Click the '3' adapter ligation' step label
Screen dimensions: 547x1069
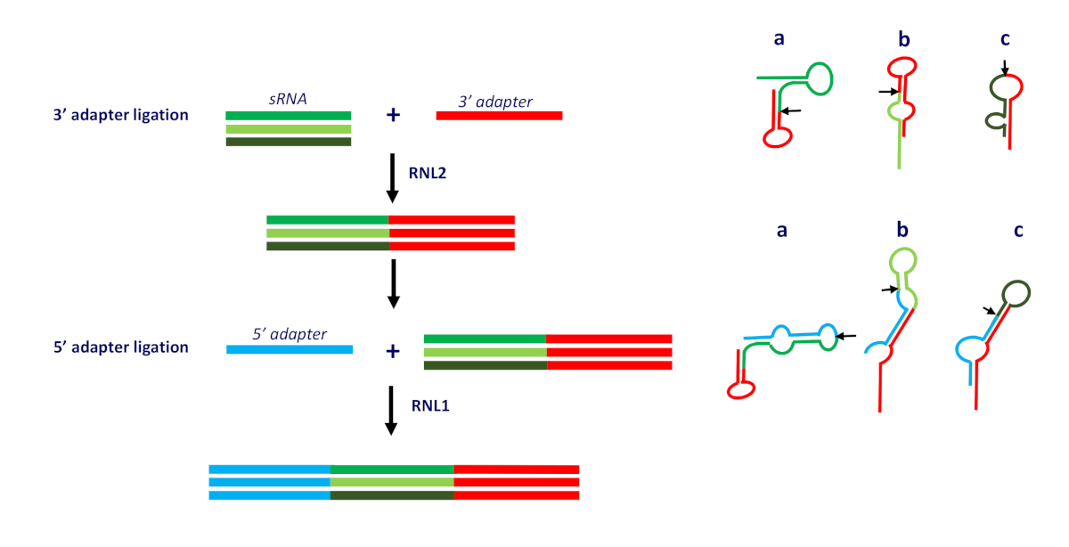[x=120, y=115]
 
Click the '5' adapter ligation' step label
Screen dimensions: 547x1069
[x=120, y=347]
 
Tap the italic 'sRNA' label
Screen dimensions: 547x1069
[x=288, y=100]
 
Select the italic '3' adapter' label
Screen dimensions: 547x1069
[x=495, y=102]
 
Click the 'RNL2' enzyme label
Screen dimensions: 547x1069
[x=428, y=174]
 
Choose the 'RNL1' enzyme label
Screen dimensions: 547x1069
[x=428, y=406]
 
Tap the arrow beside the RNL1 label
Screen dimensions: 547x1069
[x=392, y=409]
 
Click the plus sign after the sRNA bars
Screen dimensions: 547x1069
[x=392, y=116]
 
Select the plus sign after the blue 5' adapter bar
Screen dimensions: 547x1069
[x=392, y=351]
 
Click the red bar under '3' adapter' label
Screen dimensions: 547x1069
[x=499, y=116]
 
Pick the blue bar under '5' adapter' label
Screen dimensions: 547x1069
[x=290, y=349]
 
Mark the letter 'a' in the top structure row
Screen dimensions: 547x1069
[x=780, y=41]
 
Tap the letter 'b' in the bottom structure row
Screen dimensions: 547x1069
[x=902, y=231]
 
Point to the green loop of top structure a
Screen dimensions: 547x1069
[x=819, y=78]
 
